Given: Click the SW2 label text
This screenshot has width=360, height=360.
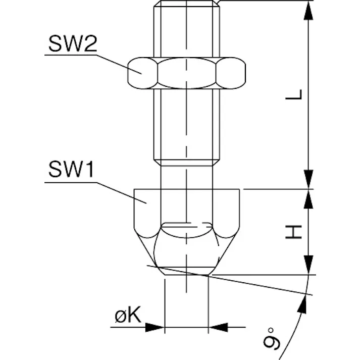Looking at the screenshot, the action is (x=73, y=43).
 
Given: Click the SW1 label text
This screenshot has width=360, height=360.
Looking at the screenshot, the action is (x=71, y=169).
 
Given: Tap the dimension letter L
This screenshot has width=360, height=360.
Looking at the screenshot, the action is (x=293, y=94).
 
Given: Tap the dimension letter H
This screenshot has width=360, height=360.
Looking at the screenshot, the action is (x=293, y=232).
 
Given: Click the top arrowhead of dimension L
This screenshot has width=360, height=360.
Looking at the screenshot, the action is (x=308, y=11).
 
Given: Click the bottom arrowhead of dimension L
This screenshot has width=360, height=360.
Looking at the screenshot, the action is (x=308, y=179).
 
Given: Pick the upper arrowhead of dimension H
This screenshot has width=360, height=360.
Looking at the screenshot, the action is (x=308, y=199).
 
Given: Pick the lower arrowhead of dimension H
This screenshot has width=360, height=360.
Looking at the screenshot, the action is (x=308, y=265).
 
